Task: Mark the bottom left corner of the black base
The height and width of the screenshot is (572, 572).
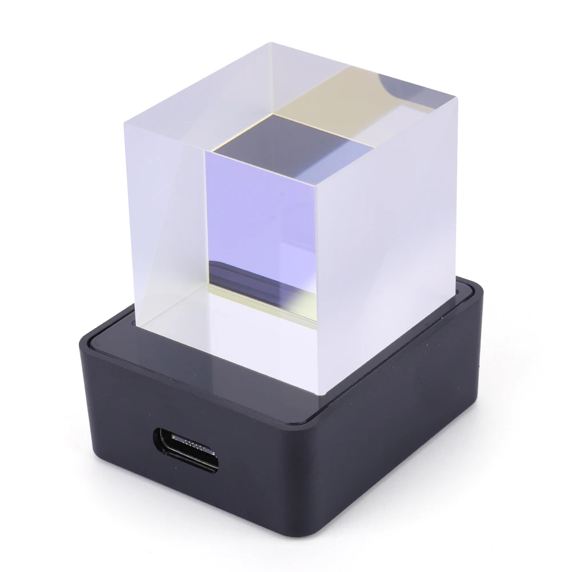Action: pyautogui.click(x=86, y=451)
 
